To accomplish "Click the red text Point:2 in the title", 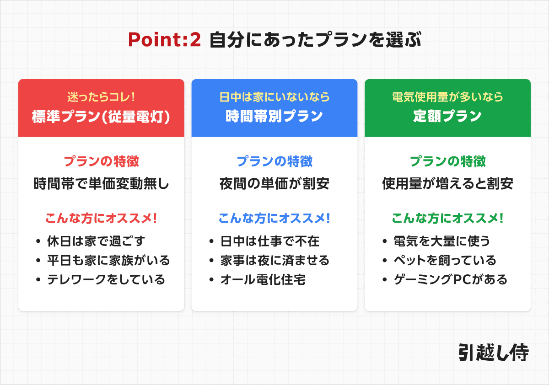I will (164, 40).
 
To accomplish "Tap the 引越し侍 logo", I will (493, 353).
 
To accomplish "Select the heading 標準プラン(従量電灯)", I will (101, 117).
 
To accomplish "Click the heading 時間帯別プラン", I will (274, 117).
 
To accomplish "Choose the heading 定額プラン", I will (447, 117).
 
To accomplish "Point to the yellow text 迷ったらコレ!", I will (101, 97).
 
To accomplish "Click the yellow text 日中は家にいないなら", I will (274, 97).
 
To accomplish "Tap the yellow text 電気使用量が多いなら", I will (447, 97).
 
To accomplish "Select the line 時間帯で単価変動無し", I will (101, 184).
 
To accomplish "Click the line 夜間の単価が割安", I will (274, 184).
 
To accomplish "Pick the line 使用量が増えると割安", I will (447, 184).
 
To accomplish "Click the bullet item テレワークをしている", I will (106, 279).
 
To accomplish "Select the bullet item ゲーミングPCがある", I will (451, 279).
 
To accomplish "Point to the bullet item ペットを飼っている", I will (445, 260).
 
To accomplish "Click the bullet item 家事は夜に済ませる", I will (274, 260).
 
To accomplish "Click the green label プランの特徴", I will (447, 161).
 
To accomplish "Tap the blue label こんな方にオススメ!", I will (274, 218).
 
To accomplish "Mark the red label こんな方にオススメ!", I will (101, 218).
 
